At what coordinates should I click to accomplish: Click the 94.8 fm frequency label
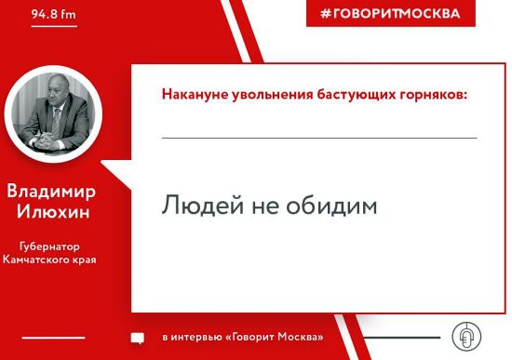pos(51,16)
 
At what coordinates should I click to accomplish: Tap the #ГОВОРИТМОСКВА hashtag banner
pos(390,14)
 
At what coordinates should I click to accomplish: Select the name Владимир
pos(51,192)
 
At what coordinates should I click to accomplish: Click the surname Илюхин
pos(51,211)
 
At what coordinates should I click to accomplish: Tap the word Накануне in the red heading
pos(191,95)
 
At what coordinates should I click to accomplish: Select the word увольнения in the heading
pos(264,95)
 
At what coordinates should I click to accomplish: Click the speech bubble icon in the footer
pos(137,338)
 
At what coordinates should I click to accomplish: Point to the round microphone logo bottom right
pos(465,336)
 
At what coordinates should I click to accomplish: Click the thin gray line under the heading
pos(319,138)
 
